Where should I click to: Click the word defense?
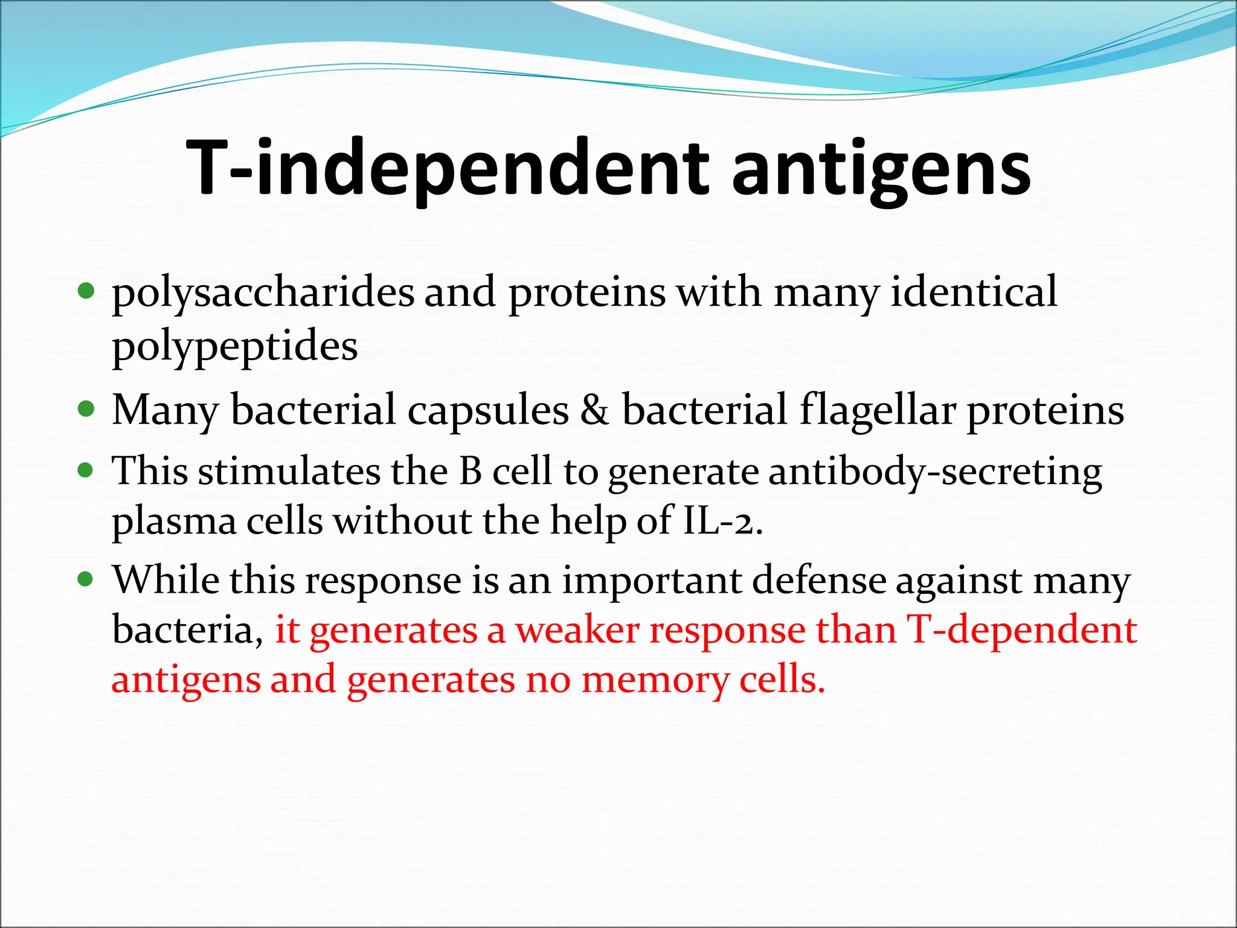[819, 580]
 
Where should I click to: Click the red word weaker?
[577, 630]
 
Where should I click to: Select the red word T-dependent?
[1022, 630]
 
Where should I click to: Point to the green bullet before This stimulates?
[86, 470]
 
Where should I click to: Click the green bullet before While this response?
[86, 579]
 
